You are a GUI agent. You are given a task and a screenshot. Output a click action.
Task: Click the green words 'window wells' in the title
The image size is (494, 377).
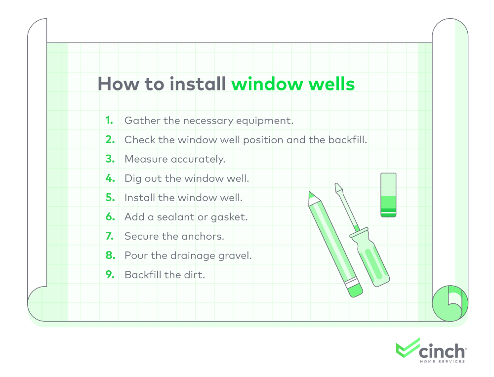click(293, 84)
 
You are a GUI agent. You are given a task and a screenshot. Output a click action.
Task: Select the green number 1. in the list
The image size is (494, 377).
click(109, 121)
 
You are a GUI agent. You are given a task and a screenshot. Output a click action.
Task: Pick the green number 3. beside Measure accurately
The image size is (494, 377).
click(110, 159)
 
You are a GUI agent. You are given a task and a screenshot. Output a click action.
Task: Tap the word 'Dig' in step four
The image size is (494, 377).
click(132, 178)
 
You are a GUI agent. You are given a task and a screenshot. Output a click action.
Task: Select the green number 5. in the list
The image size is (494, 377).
click(110, 198)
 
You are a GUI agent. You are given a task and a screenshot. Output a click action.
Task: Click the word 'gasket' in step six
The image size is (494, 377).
click(233, 217)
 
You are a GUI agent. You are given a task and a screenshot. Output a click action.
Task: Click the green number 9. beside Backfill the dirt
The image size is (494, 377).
click(110, 275)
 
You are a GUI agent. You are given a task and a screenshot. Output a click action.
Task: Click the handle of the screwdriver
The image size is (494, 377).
click(370, 260)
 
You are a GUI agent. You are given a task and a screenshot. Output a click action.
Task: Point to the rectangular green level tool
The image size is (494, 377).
click(388, 195)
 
